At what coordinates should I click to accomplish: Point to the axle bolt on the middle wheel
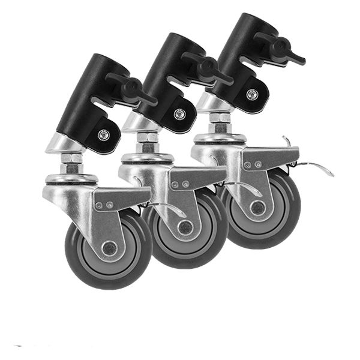coord(185,226)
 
